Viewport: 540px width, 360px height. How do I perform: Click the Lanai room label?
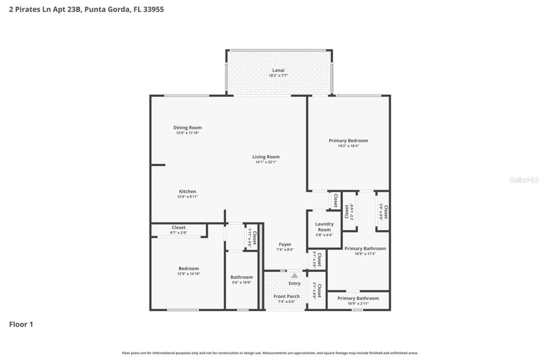pos(278,70)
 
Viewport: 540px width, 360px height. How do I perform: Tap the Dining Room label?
pos(187,127)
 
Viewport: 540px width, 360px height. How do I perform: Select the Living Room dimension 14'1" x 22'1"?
pos(266,162)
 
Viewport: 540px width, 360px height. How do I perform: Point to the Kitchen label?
pos(187,191)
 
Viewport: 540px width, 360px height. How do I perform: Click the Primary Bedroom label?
pos(348,141)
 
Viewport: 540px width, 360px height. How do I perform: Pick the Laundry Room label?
pos(324,227)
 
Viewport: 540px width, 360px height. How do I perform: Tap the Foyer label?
pos(285,244)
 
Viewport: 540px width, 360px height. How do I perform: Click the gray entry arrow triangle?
pos(294,275)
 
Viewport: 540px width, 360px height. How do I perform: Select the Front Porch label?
pos(286,296)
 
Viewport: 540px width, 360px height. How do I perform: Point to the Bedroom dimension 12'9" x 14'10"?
pos(189,274)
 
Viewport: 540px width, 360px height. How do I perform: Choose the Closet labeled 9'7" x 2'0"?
pos(178,230)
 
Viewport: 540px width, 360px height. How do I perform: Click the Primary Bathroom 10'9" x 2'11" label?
pos(358,300)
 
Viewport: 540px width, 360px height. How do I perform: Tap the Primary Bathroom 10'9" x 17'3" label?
pos(365,251)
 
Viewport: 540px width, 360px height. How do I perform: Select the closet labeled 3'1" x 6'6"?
pos(317,291)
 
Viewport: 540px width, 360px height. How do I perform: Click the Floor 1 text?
pos(21,325)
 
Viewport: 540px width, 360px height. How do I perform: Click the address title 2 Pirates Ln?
pos(86,9)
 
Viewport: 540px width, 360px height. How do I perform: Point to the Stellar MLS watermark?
pos(524,180)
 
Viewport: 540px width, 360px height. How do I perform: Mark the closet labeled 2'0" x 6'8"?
pos(383,212)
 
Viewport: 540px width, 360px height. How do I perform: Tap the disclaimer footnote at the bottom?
pos(270,353)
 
